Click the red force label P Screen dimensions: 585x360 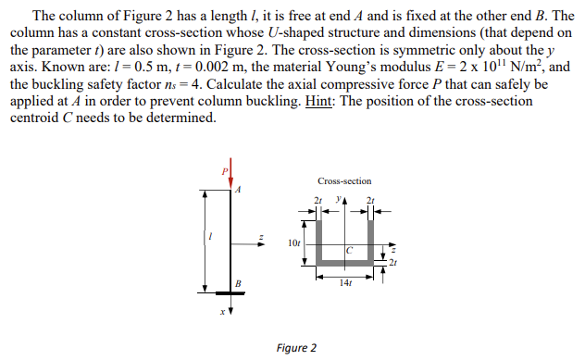tap(221, 171)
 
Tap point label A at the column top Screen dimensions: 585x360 tap(238, 191)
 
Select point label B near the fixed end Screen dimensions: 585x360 tap(237, 282)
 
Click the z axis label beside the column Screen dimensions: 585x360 tap(260, 237)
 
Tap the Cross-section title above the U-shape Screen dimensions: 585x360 tap(343, 181)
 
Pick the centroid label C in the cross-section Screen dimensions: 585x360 tap(350, 248)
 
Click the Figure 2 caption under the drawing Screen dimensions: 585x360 tap(296, 348)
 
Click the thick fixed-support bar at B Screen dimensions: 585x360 tap(230, 291)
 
